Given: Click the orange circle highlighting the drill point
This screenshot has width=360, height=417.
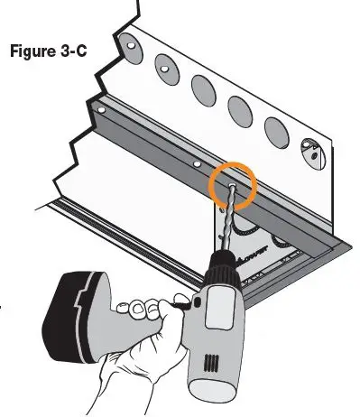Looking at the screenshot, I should pos(233,186).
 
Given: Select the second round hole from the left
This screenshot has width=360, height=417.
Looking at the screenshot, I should pos(164,64).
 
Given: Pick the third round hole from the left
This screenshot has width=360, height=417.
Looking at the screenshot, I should pos(202,88).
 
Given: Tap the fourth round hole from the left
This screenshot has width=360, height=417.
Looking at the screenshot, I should pos(240,109).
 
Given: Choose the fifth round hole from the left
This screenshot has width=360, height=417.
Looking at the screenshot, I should pos(277,132).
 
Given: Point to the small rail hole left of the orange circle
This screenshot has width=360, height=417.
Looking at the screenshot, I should pos(196,166).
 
